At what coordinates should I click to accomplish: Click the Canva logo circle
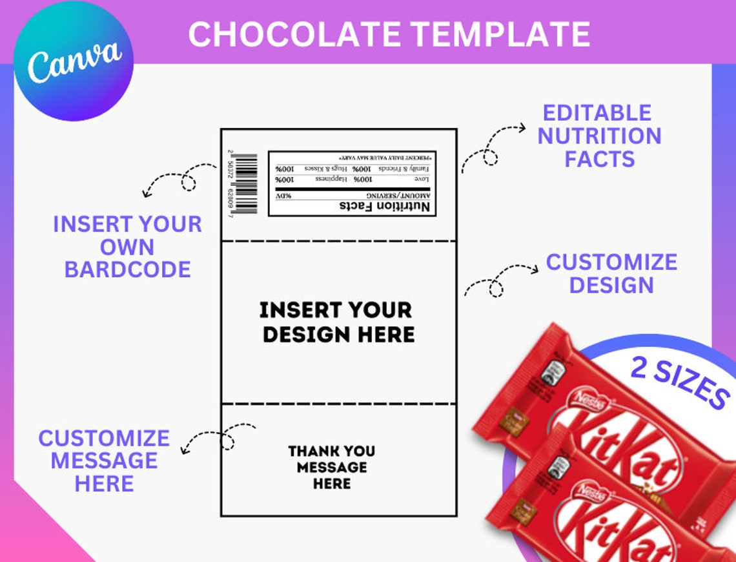(x=74, y=61)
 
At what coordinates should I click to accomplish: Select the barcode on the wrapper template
(x=245, y=184)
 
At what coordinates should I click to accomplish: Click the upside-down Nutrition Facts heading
(x=385, y=206)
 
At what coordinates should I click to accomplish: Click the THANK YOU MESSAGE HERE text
(x=332, y=466)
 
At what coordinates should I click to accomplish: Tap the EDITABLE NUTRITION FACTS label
(x=599, y=136)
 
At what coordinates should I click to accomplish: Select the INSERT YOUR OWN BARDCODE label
(x=127, y=246)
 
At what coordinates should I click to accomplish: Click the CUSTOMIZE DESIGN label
(x=611, y=273)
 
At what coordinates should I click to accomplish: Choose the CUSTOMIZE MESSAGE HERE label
(x=104, y=460)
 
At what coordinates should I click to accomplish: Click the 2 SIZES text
(x=679, y=383)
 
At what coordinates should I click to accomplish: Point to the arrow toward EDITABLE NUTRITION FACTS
(x=492, y=147)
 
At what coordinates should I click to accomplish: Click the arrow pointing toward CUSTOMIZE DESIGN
(x=498, y=278)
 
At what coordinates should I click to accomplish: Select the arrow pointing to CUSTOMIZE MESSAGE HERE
(x=216, y=437)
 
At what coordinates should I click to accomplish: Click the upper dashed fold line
(x=338, y=241)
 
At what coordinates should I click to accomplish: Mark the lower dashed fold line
(x=338, y=404)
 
